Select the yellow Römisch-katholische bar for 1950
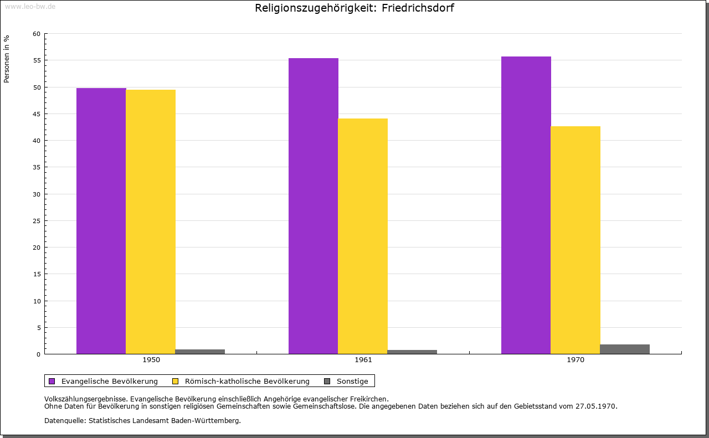click(151, 221)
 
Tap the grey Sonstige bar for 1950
click(200, 352)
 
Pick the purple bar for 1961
click(313, 205)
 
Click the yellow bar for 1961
click(363, 236)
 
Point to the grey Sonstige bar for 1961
click(412, 352)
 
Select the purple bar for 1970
click(526, 205)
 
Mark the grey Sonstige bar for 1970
click(625, 349)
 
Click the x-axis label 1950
click(151, 360)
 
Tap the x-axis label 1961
click(363, 360)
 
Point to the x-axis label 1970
click(576, 360)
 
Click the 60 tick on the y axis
click(37, 34)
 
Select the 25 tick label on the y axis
click(37, 221)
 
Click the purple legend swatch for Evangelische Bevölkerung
click(52, 381)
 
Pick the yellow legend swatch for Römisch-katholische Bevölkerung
click(175, 381)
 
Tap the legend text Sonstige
click(352, 381)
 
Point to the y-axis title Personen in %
click(7, 59)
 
